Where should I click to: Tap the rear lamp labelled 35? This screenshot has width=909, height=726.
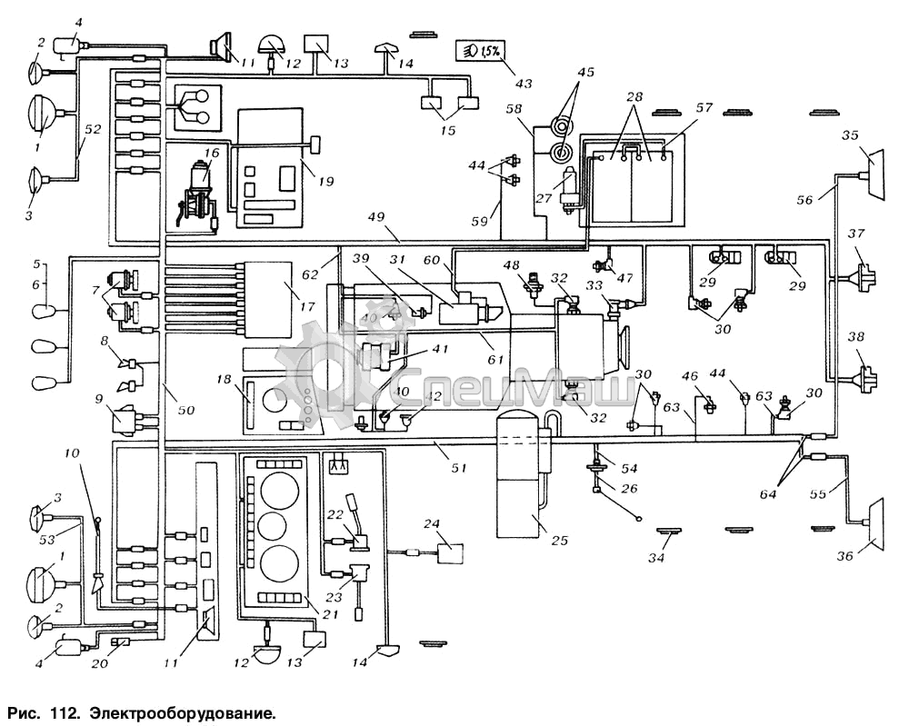[x=872, y=172]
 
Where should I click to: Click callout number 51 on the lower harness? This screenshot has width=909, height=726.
[x=460, y=468]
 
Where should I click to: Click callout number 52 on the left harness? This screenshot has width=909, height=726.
[x=91, y=130]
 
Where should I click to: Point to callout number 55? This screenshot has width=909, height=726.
[x=817, y=496]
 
